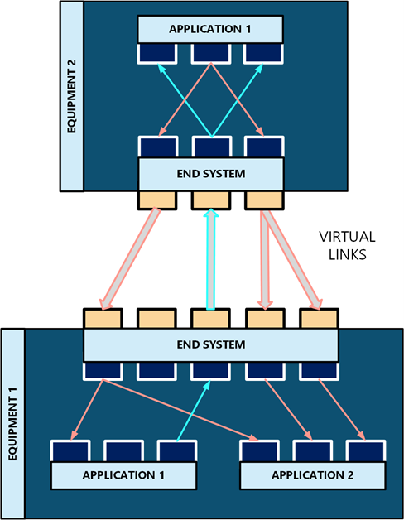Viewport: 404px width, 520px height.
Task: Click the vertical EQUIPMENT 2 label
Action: coord(71,97)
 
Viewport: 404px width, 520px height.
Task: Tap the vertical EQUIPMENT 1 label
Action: coord(12,423)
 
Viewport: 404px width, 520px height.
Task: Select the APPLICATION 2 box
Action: coord(312,475)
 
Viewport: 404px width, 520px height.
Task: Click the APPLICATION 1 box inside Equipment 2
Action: coord(210,29)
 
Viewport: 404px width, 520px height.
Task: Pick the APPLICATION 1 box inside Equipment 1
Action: coord(123,475)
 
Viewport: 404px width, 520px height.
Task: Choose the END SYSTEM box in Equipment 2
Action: coord(210,174)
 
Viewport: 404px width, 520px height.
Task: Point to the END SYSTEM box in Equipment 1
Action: coord(210,344)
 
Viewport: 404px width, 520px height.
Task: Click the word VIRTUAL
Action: coord(347,237)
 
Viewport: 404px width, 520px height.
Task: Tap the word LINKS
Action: coord(347,254)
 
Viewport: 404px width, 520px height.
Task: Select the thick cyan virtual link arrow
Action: coord(210,259)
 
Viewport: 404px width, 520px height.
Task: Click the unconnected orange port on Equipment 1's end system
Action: coord(156,318)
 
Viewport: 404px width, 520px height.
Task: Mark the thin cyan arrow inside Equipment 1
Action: coord(194,411)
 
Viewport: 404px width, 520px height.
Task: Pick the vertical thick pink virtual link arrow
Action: coord(264,260)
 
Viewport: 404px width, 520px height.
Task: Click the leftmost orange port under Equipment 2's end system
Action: coord(157,200)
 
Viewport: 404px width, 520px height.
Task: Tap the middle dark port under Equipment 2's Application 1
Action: coord(211,53)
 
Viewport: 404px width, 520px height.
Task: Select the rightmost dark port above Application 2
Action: coord(366,451)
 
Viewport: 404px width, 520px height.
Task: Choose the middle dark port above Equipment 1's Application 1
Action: coord(123,451)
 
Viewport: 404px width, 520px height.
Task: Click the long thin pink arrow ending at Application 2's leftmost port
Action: coord(180,410)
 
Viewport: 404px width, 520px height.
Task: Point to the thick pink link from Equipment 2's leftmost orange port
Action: coord(130,259)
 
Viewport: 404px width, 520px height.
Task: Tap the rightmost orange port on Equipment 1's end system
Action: coord(319,318)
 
